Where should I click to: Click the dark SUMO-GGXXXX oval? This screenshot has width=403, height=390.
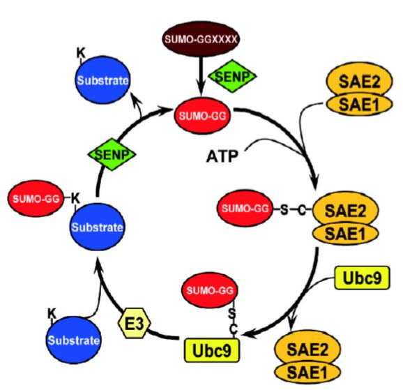coord(201,39)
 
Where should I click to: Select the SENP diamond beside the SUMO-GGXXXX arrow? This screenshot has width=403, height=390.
coord(232,76)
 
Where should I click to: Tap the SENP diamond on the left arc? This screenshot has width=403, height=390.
coord(112,154)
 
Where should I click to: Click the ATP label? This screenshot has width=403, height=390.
coord(222,156)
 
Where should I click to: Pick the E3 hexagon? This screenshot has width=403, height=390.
coord(134,323)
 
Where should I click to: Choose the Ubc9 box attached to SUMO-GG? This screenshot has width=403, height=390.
coord(212,350)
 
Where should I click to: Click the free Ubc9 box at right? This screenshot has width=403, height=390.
coord(362,278)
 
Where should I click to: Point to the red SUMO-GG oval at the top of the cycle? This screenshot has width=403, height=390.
coord(202,116)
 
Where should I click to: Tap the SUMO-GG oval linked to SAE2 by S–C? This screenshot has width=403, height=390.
coord(245,208)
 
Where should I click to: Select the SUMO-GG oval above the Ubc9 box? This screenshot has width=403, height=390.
coord(210,290)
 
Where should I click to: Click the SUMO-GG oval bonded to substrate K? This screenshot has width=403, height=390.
coord(36,199)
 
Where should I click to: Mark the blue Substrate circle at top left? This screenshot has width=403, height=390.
coord(102,80)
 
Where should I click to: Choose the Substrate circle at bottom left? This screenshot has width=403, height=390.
coord(74,340)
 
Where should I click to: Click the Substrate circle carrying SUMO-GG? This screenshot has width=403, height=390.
coord(97,227)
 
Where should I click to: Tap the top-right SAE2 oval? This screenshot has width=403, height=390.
coord(359,81)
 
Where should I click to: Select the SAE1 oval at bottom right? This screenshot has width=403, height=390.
coord(307,372)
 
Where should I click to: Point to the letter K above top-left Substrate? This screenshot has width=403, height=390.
coord(81,53)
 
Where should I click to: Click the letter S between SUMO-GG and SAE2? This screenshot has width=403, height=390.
coord(284,210)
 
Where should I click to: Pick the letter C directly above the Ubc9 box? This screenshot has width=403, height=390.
coord(234,329)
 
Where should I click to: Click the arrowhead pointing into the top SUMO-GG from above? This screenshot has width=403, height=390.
coord(201,91)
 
